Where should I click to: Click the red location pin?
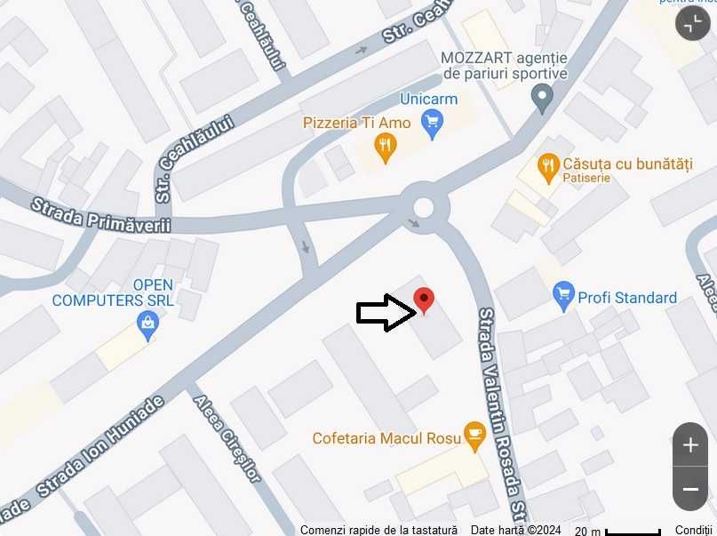pos(425,300)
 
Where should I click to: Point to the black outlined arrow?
pos(386,312)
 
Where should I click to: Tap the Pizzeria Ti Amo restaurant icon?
pos(385,148)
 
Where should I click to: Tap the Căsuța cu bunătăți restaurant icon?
pos(548,165)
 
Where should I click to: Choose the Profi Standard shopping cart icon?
pos(563,295)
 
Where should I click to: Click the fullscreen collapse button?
pos(693,24)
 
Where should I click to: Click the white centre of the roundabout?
pos(423,208)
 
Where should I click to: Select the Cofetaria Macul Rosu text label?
pos(386,438)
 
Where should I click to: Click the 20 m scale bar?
pos(617,530)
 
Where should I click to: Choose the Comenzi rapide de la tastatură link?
pos(378,530)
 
